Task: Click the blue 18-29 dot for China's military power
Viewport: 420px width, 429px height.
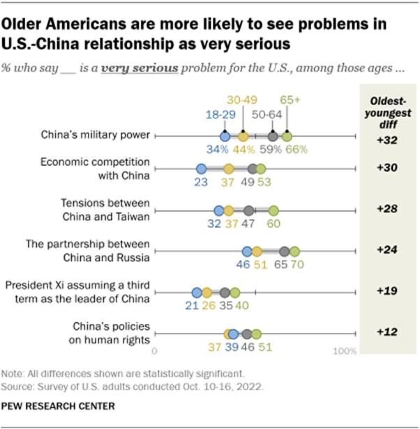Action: point(225,136)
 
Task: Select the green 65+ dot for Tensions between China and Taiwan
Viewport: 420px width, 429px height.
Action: point(273,210)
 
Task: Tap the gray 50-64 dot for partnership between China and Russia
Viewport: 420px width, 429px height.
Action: point(284,251)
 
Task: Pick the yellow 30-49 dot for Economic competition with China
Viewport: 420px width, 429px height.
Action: point(228,169)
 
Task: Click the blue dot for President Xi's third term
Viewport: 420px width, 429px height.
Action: point(197,292)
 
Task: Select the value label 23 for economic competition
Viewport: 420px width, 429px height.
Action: point(201,182)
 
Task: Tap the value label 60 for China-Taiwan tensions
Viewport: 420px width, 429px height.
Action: point(273,224)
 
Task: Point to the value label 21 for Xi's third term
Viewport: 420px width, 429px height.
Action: point(197,306)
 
